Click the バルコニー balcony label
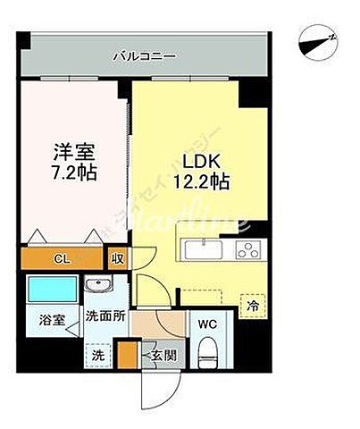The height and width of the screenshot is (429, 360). [x=144, y=56]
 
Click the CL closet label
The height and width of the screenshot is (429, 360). [x=61, y=259]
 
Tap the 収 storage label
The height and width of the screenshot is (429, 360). [x=117, y=259]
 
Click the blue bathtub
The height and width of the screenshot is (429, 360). [x=53, y=290]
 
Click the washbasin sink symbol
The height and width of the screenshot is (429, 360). [x=99, y=287]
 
